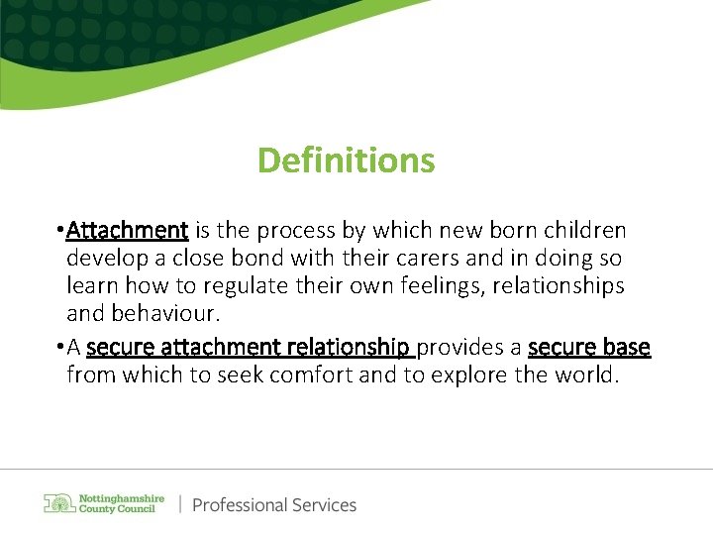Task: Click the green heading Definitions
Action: [x=346, y=160]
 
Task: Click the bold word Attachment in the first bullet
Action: [x=127, y=231]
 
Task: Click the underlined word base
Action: [x=625, y=348]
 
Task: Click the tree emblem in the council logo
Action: [x=60, y=502]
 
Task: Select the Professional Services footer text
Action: [x=274, y=505]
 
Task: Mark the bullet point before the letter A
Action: [x=60, y=348]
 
